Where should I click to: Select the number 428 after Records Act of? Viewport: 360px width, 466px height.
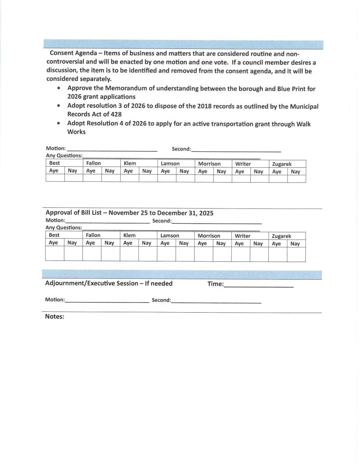pyautogui.click(x=115, y=114)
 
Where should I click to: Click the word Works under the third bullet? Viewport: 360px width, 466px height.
pyautogui.click(x=76, y=132)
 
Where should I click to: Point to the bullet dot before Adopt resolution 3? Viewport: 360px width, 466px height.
pyautogui.click(x=58, y=106)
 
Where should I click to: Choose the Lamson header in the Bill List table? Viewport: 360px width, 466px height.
pyautogui.click(x=170, y=235)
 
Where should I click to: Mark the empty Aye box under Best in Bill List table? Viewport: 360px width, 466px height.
pyautogui.click(x=55, y=254)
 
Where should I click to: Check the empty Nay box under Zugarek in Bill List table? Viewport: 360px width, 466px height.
pyautogui.click(x=296, y=254)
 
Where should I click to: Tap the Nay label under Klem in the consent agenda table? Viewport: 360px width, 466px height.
pyautogui.click(x=147, y=171)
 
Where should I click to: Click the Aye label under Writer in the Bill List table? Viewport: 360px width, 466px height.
pyautogui.click(x=239, y=243)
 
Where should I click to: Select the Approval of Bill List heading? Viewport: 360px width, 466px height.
pyautogui.click(x=129, y=213)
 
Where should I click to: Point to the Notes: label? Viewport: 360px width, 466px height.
pyautogui.click(x=54, y=316)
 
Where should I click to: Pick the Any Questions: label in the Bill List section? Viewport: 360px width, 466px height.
pyautogui.click(x=64, y=228)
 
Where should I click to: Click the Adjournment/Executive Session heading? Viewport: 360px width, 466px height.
pyautogui.click(x=109, y=283)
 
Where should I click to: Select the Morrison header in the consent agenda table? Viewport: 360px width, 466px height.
pyautogui.click(x=209, y=164)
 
